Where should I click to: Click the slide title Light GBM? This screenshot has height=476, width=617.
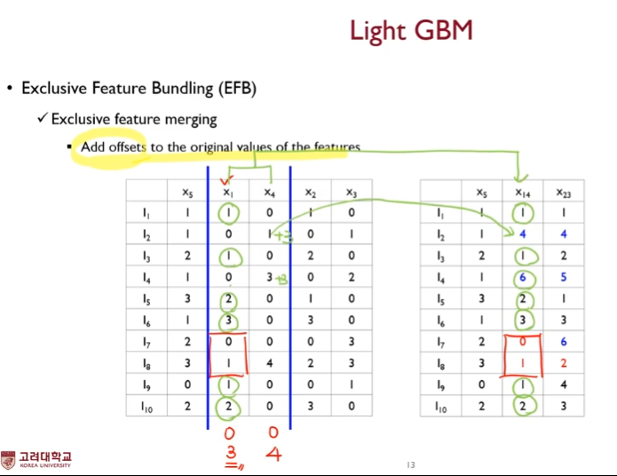pos(410,31)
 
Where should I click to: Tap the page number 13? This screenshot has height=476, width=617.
pos(410,465)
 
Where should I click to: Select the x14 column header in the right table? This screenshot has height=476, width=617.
pos(522,192)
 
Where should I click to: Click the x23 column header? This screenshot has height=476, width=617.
pos(562,192)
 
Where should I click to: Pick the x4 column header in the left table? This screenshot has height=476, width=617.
pos(268,192)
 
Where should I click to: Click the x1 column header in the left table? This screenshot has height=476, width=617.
pos(228,192)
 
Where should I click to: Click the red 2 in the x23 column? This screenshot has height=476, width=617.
pos(562,362)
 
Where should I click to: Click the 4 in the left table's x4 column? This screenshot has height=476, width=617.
pos(268,362)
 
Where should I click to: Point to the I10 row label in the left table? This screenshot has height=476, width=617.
pos(147,406)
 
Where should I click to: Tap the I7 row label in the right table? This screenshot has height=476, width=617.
pos(441,340)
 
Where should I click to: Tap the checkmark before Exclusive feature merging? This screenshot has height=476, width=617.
pos(42,118)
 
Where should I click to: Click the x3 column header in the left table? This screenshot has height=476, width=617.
pos(351,192)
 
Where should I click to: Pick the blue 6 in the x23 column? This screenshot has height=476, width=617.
pos(562,340)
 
